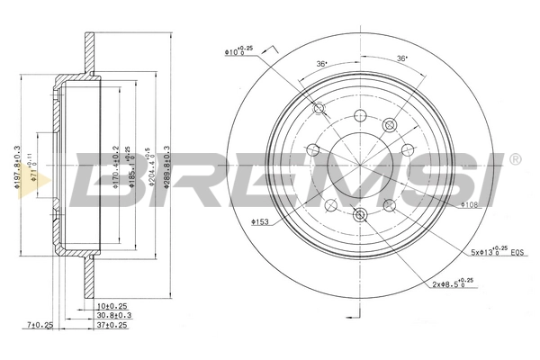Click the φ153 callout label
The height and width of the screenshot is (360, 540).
click(261, 221)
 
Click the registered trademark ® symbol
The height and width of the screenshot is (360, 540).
click(514, 159)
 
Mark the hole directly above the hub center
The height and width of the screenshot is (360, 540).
click(361, 115)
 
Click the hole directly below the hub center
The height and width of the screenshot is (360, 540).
click(361, 214)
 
